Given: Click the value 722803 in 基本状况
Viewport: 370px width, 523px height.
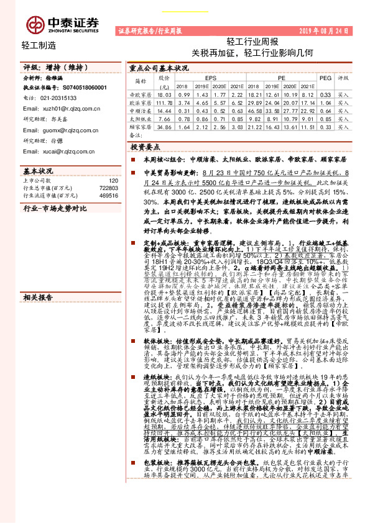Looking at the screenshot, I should pos(107,187).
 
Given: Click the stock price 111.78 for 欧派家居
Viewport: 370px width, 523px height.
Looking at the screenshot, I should pos(165,102).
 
